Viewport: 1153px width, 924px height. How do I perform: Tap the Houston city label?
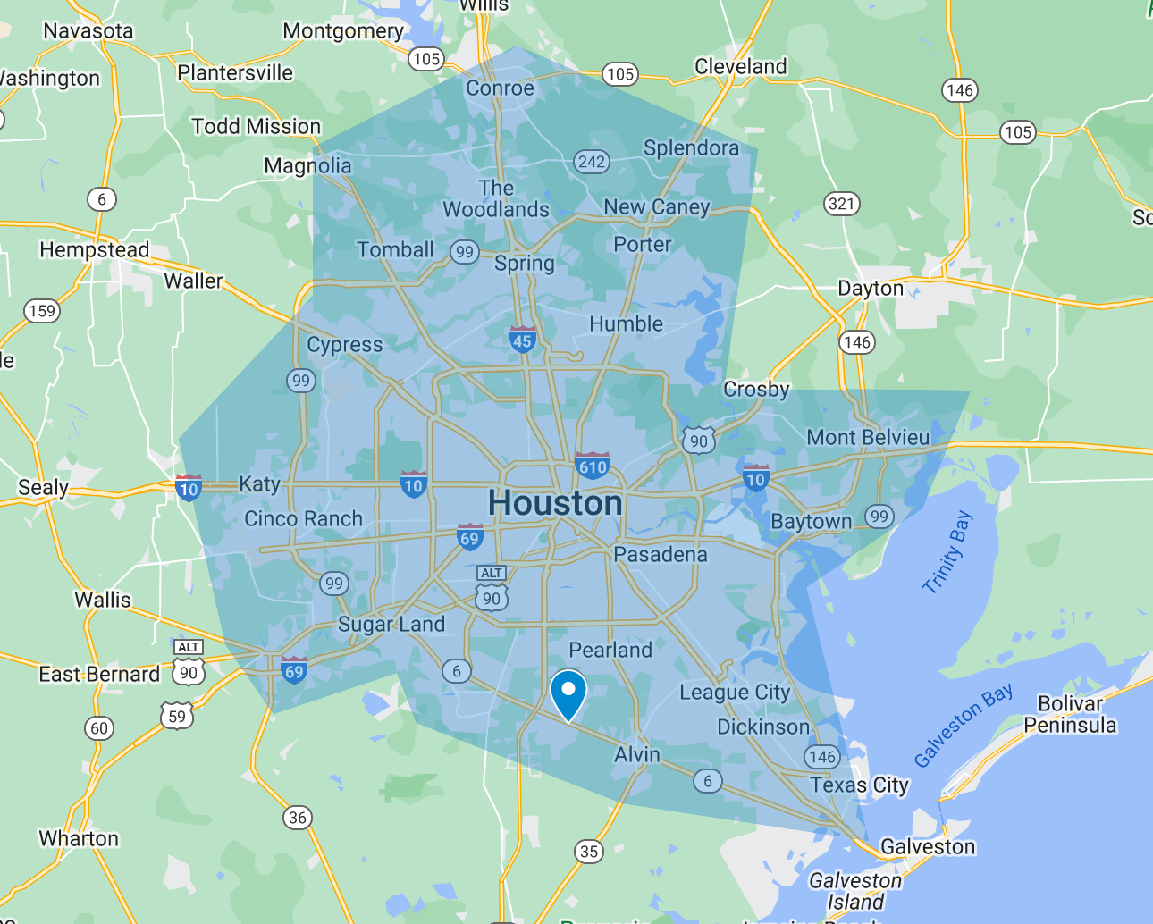point(555,504)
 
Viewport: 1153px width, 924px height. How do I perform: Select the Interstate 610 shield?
point(593,466)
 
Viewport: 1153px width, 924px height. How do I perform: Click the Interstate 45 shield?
point(523,340)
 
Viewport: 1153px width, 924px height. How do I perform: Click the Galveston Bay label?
point(963,725)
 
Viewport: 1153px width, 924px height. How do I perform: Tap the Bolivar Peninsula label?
point(1070,714)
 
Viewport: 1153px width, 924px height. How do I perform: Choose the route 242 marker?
point(591,162)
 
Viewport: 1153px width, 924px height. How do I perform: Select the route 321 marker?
point(841,204)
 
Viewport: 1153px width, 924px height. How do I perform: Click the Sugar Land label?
point(391,625)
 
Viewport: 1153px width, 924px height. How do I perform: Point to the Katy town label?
point(259,484)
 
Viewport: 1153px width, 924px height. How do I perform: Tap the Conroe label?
point(500,88)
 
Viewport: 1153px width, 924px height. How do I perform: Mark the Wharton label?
point(79,839)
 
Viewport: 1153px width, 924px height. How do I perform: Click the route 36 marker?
point(298,817)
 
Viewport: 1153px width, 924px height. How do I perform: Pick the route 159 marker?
point(42,311)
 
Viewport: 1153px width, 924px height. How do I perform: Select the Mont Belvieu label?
point(868,438)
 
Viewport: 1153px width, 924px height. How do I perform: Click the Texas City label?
point(859,785)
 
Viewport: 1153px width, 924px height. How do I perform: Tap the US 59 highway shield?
point(177,716)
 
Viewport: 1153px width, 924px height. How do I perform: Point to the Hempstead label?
point(94,250)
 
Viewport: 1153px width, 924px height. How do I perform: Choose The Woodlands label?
point(496,199)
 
